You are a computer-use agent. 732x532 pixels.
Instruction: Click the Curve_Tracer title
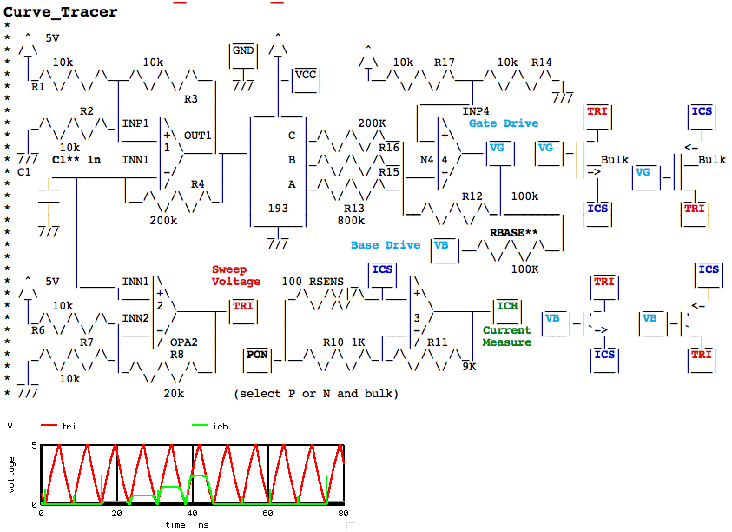pyautogui.click(x=60, y=11)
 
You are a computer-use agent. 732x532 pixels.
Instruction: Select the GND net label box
pyautogui.click(x=243, y=56)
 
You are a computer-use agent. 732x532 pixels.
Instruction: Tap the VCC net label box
pyautogui.click(x=306, y=80)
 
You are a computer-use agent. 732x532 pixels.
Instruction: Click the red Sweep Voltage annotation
pyautogui.click(x=236, y=276)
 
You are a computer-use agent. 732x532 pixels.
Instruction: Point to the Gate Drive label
pyautogui.click(x=504, y=123)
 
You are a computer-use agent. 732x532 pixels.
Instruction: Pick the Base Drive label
pyautogui.click(x=386, y=245)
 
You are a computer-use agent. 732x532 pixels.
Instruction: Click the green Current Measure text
pyautogui.click(x=507, y=336)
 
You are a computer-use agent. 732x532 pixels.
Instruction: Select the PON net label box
pyautogui.click(x=257, y=360)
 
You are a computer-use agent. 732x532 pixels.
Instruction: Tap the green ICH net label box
pyautogui.click(x=507, y=311)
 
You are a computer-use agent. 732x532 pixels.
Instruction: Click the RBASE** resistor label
pyautogui.click(x=513, y=232)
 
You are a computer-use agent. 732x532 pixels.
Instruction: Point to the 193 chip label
pyautogui.click(x=278, y=208)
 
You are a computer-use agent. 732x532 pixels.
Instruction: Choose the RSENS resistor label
pyautogui.click(x=326, y=282)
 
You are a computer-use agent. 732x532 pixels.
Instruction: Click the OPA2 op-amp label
pyautogui.click(x=183, y=342)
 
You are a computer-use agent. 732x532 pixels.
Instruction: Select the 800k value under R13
pyautogui.click(x=351, y=220)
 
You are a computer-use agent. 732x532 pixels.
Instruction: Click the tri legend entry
pyautogui.click(x=58, y=426)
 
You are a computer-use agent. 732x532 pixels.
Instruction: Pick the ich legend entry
pyautogui.click(x=210, y=426)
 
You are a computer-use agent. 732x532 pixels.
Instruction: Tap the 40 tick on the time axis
pyautogui.click(x=193, y=513)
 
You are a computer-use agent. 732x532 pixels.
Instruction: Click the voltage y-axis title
pyautogui.click(x=11, y=475)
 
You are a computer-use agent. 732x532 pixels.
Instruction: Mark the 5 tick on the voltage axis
pyautogui.click(x=34, y=446)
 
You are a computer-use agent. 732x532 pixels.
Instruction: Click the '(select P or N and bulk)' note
pyautogui.click(x=316, y=394)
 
